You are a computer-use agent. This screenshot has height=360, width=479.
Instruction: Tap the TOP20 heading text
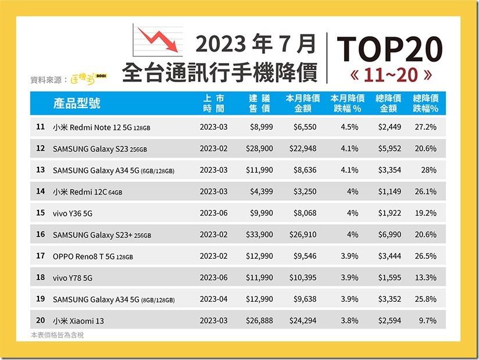[389, 49]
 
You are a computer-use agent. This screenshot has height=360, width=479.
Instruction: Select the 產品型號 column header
[77, 104]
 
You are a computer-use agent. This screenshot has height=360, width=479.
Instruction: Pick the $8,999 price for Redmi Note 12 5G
[259, 127]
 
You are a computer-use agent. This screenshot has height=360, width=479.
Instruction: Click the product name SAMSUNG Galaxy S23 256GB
[100, 149]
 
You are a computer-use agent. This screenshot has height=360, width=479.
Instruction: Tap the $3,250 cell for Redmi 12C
[305, 191]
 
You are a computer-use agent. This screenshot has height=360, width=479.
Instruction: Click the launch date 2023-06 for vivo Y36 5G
[215, 213]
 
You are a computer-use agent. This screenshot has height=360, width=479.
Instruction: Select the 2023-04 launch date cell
[215, 299]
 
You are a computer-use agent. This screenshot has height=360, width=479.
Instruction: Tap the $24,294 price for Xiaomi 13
[302, 320]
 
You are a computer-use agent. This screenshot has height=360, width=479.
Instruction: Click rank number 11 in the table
[40, 127]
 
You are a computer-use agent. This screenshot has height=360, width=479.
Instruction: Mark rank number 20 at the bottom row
[40, 320]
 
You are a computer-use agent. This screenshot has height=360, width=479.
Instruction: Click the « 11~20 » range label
[389, 76]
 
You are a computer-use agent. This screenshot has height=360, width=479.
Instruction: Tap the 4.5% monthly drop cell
[349, 127]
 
